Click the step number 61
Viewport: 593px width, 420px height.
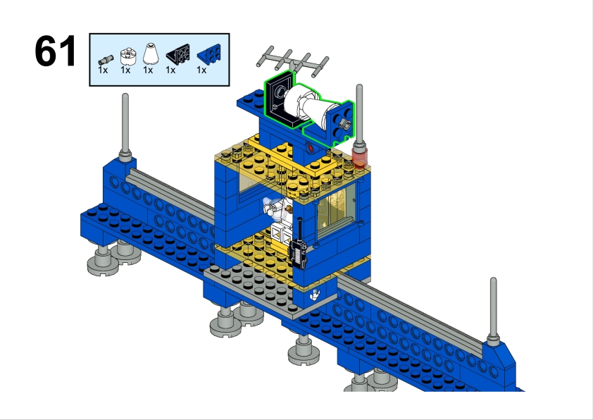point(55,51)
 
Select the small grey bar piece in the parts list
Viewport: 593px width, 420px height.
point(106,60)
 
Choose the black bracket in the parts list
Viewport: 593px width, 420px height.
point(177,54)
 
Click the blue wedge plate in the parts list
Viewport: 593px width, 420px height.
point(209,54)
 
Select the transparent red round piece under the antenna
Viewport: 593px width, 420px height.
point(358,157)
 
